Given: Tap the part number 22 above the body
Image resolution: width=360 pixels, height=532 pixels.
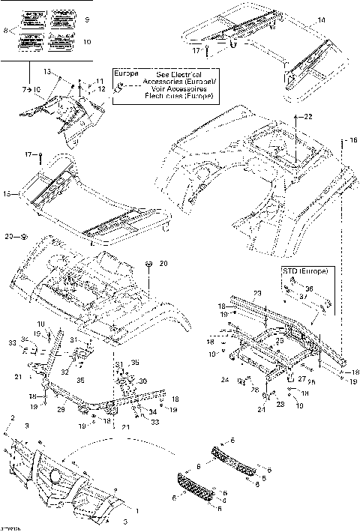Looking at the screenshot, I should coord(308,117).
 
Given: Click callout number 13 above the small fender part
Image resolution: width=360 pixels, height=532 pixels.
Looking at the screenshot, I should coord(46,71).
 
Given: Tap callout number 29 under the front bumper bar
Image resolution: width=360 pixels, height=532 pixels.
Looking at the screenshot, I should coord(61,411).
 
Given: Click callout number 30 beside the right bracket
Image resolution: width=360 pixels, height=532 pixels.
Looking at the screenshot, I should coord(142,381).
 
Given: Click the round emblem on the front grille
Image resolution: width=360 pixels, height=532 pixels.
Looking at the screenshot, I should coord(55,475).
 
